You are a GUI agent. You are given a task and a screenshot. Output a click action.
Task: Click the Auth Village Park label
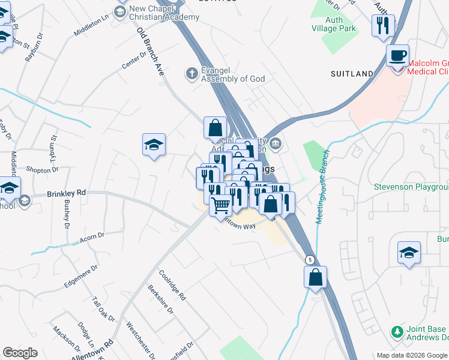(334, 24)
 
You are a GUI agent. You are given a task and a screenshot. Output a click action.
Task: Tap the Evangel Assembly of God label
(233, 74)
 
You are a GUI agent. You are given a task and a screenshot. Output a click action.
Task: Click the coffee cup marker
(397, 56)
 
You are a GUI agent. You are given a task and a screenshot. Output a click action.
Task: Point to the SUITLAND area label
(352, 74)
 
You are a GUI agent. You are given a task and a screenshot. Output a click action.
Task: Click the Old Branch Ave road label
(151, 50)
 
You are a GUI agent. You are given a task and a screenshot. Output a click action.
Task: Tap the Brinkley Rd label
(67, 193)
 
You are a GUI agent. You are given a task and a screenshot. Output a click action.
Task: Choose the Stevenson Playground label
(411, 187)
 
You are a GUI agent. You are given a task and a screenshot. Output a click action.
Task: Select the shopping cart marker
(221, 205)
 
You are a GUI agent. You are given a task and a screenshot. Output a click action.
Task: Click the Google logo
(20, 353)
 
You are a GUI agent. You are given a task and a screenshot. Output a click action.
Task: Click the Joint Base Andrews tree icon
(396, 331)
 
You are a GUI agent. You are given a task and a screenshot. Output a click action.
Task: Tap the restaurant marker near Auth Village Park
(383, 26)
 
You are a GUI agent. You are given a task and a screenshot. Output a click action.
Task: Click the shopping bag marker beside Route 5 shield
(315, 277)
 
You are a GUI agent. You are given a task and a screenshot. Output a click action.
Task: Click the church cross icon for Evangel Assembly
(192, 74)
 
